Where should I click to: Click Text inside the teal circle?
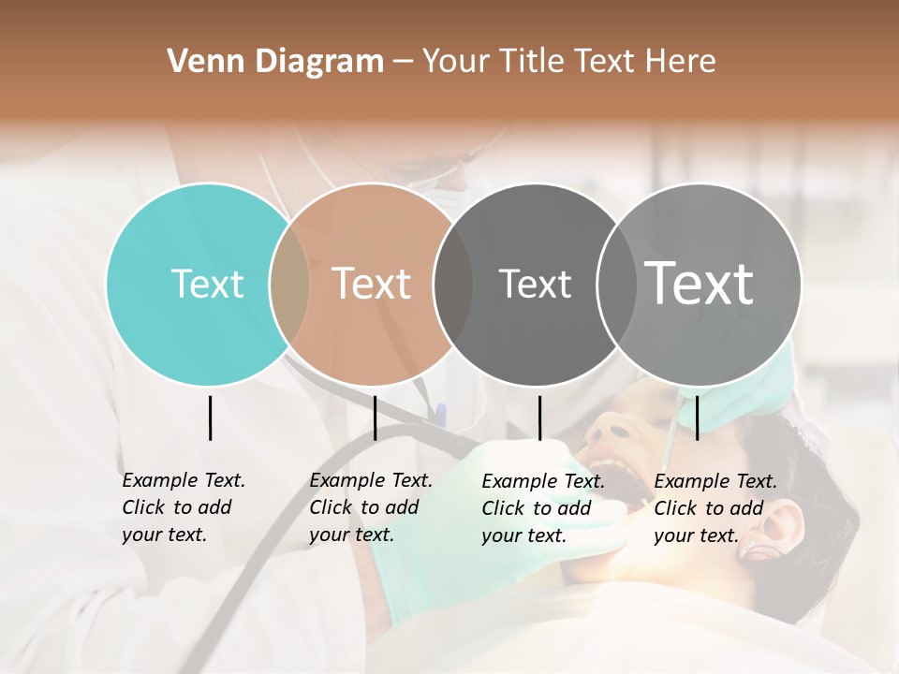(207, 284)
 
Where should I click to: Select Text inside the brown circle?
(372, 284)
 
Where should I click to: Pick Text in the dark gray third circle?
(535, 284)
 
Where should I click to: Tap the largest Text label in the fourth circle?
(700, 283)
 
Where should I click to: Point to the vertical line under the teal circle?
(210, 418)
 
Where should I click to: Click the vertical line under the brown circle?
(375, 418)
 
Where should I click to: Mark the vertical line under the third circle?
(539, 418)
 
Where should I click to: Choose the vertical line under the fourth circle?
(697, 418)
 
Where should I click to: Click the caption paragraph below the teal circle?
(183, 507)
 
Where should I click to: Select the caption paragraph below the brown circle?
(370, 507)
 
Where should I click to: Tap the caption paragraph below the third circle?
(542, 508)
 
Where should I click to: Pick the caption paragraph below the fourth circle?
(715, 508)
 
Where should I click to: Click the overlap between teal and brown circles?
(289, 284)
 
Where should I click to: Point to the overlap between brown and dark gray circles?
(453, 284)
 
